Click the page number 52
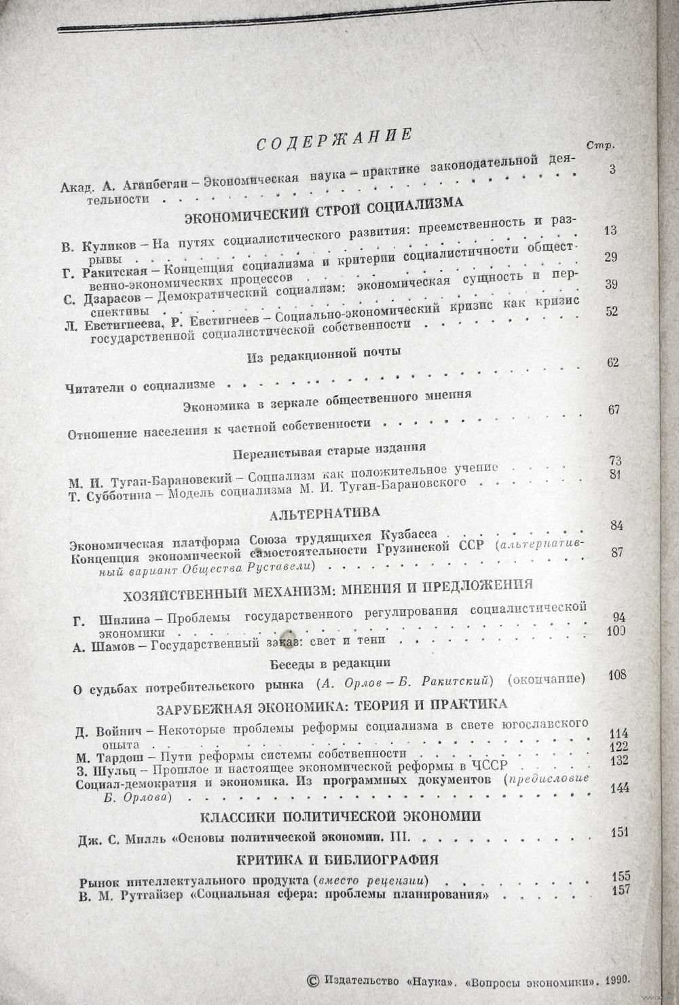pos(611,311)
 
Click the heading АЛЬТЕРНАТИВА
pos(324,510)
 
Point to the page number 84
pos(617,525)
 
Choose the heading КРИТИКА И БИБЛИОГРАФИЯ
pos(337,858)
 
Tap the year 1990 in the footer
pos(616,980)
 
